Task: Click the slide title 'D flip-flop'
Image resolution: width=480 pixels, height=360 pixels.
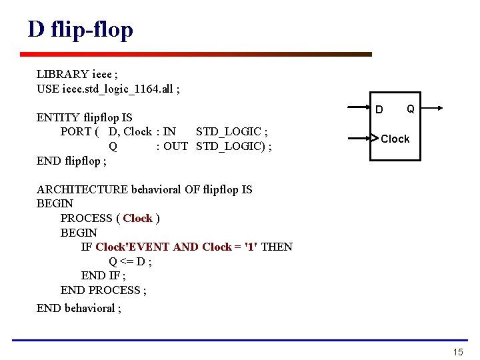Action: point(81,29)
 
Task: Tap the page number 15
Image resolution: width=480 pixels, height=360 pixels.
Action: point(457,352)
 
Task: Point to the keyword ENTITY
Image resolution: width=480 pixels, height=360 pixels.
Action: point(58,118)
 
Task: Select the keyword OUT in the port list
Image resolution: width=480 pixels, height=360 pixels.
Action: point(176,146)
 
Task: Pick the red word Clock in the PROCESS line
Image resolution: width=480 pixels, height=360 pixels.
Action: point(138,218)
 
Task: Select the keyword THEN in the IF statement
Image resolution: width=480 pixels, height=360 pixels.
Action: point(277,247)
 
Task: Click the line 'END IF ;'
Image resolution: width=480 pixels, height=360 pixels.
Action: point(103,275)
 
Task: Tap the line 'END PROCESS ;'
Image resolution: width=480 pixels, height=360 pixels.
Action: point(103,290)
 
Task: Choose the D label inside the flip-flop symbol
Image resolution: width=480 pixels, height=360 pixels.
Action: point(379,109)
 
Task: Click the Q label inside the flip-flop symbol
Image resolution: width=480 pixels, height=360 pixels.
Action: point(411,108)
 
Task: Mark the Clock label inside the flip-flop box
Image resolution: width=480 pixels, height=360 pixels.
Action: point(395,139)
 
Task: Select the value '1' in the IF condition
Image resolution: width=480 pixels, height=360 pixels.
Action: point(251,247)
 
